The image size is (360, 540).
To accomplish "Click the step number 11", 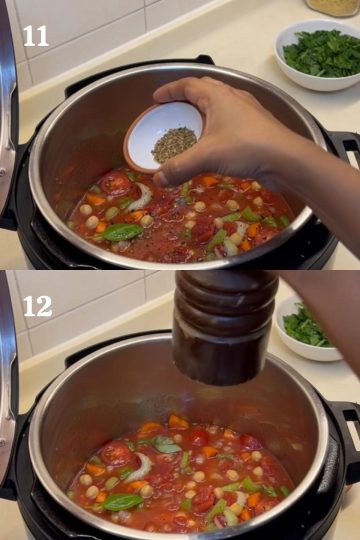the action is tap(35, 36).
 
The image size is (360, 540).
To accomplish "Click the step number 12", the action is tap(38, 306).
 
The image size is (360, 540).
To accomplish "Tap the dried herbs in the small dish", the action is tap(174, 145).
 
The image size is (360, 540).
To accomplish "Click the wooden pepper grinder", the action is tap(225, 327).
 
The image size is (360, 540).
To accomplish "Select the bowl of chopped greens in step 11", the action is tap(318, 55).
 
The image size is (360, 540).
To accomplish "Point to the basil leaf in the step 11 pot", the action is tap(123, 232).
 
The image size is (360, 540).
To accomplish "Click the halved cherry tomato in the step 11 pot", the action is tap(116, 183).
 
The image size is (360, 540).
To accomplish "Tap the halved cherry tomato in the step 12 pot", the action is tap(116, 453).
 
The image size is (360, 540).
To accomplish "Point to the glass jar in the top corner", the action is tap(332, 8).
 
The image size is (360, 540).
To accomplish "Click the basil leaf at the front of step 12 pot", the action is tap(123, 502).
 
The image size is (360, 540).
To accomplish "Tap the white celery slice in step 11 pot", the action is tap(142, 198).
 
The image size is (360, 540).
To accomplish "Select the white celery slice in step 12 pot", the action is tap(142, 468).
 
